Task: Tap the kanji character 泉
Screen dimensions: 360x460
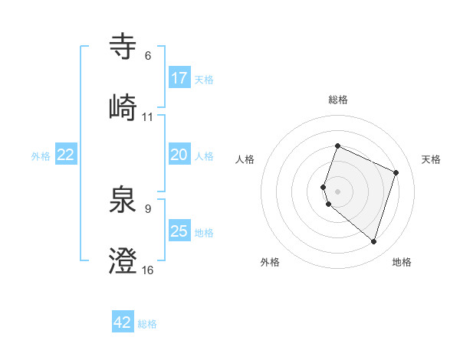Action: point(123,200)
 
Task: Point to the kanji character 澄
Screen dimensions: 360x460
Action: point(123,260)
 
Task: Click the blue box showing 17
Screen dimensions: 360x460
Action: point(179,78)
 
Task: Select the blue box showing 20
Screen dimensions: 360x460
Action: point(179,155)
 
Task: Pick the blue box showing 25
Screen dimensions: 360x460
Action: point(179,231)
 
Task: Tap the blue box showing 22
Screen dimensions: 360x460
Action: point(66,155)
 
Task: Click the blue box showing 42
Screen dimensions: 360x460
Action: point(123,322)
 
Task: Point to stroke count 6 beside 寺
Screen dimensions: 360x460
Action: point(148,56)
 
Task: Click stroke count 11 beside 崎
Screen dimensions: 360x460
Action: point(148,116)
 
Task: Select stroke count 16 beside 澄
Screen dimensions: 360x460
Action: point(148,270)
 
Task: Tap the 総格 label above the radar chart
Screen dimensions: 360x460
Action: point(338,100)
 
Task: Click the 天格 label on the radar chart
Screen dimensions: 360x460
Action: point(431,159)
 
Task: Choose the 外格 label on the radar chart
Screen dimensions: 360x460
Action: point(270,262)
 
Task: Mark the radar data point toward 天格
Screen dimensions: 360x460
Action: point(396,172)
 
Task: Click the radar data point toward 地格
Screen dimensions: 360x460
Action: point(373,241)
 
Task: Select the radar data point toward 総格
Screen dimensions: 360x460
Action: point(337,146)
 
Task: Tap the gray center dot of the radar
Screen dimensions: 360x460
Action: point(337,191)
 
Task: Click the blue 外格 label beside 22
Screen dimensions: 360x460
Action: point(41,155)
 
